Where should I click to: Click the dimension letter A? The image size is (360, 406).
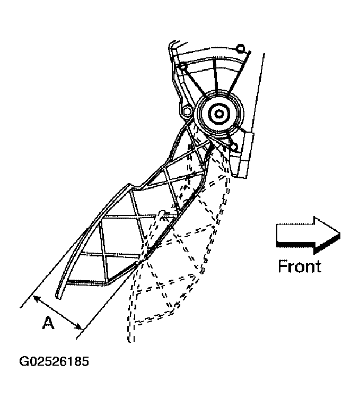pyautogui.click(x=48, y=323)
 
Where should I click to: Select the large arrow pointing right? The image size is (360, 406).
pyautogui.click(x=308, y=234)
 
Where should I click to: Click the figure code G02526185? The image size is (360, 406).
pyautogui.click(x=54, y=362)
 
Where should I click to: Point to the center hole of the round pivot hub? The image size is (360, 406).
pyautogui.click(x=218, y=113)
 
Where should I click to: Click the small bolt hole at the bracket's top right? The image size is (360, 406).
pyautogui.click(x=240, y=49)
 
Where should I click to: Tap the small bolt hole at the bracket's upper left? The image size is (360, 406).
pyautogui.click(x=183, y=66)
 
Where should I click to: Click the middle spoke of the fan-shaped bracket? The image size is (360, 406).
pyautogui.click(x=215, y=80)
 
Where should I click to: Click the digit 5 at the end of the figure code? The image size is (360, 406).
pyautogui.click(x=85, y=362)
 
